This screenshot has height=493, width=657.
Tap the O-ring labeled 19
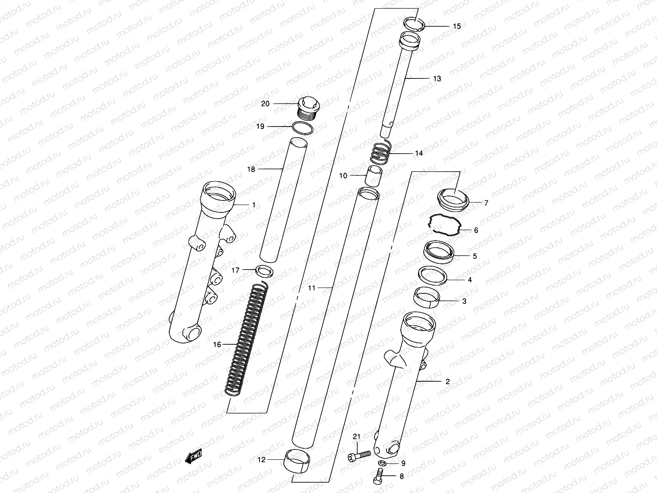coord(303,128)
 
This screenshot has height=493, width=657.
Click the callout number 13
coord(437,78)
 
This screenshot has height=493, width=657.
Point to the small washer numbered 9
coord(382,463)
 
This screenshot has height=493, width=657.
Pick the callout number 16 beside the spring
coord(217,344)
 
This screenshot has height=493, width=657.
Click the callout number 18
coord(250,169)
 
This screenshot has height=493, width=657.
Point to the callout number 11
coord(312,288)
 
